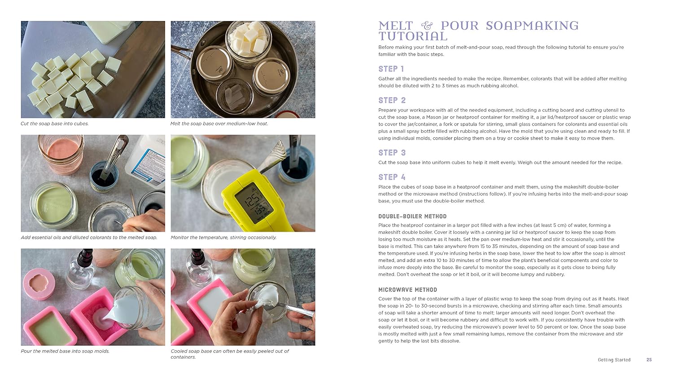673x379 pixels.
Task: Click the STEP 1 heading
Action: pyautogui.click(x=391, y=69)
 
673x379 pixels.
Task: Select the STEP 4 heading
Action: pyautogui.click(x=392, y=177)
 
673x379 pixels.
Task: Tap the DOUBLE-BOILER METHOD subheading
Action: pyautogui.click(x=412, y=216)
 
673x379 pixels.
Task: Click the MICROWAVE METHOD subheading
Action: pyautogui.click(x=407, y=290)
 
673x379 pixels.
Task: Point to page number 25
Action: pyautogui.click(x=649, y=360)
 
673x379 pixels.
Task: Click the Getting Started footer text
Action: pyautogui.click(x=614, y=360)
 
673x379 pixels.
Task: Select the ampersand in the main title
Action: pyautogui.click(x=427, y=26)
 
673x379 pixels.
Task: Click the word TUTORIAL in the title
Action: pyautogui.click(x=413, y=37)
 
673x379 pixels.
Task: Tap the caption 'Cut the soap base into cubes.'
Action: pyautogui.click(x=55, y=124)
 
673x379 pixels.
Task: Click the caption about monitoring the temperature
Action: pyautogui.click(x=223, y=238)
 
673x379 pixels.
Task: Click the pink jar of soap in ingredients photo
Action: pyautogui.click(x=61, y=153)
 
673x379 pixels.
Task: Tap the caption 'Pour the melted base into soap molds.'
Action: pyautogui.click(x=65, y=351)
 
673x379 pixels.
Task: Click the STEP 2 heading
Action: pyautogui.click(x=392, y=101)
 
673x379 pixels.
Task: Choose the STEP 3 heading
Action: pyautogui.click(x=392, y=153)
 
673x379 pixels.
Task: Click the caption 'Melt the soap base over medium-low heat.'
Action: pyautogui.click(x=219, y=124)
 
